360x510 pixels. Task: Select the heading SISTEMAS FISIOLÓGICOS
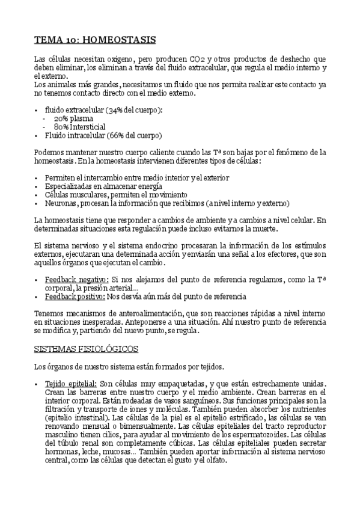tap(86, 348)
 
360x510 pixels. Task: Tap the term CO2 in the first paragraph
tap(197, 60)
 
